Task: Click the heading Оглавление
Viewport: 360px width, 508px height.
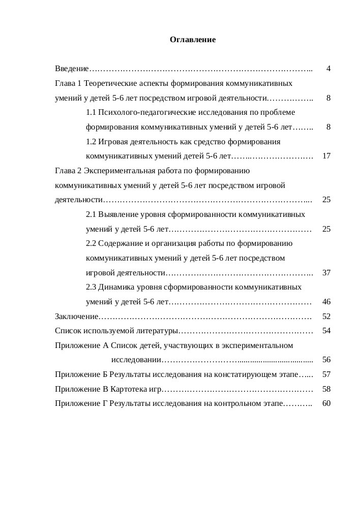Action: (x=193, y=39)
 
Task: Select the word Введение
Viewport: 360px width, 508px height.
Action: (x=72, y=68)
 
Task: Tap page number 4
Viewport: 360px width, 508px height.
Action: (x=329, y=68)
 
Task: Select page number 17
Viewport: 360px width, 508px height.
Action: (x=326, y=156)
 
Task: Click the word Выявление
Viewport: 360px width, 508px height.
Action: (x=116, y=214)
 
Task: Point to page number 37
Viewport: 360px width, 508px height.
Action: (x=326, y=273)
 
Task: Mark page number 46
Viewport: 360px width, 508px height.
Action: (x=326, y=302)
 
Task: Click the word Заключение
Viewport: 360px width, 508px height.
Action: (x=76, y=316)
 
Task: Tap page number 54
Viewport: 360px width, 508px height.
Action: (x=326, y=331)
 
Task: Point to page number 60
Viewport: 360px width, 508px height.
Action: (x=326, y=404)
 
